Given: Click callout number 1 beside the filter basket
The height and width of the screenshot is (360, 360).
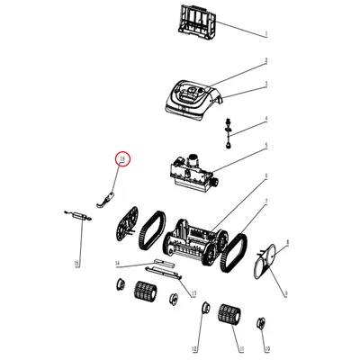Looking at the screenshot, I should coord(265,33).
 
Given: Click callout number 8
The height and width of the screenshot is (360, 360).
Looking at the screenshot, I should coord(286,243).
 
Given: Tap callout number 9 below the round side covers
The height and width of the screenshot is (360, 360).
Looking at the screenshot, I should coord(286,293).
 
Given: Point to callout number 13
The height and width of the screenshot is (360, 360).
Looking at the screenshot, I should coord(192,293).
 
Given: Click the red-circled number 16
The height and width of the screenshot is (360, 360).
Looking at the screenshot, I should coord(122,161).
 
